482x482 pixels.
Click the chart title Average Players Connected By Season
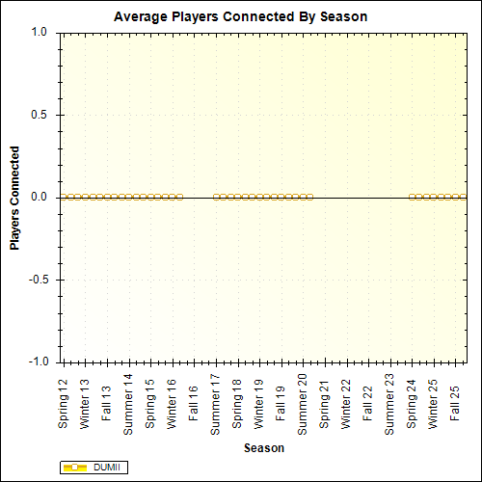point(240,17)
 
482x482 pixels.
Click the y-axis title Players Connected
point(15,198)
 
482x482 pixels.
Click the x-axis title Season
point(263,447)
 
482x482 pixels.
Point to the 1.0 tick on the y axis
point(39,32)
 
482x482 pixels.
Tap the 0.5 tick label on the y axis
point(39,115)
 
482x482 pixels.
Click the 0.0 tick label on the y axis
point(39,197)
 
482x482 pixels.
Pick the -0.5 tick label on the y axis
point(37,280)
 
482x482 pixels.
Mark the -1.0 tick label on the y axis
point(37,362)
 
